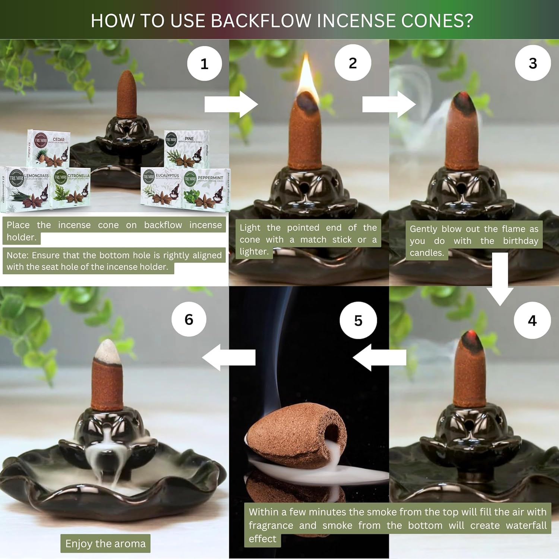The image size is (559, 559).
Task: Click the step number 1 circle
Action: click(204, 64)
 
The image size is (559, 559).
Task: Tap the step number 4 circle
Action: click(532, 320)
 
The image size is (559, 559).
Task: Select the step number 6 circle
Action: click(189, 319)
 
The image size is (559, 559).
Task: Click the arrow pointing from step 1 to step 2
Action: click(231, 104)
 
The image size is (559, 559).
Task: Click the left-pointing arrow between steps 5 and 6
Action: click(229, 357)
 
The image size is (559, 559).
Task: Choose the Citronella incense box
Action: click(71, 186)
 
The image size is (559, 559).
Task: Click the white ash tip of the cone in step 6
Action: click(108, 351)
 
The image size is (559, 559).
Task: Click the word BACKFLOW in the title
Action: click(261, 20)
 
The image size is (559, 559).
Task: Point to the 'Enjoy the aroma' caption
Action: click(105, 544)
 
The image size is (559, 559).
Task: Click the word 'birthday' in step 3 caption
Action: click(520, 241)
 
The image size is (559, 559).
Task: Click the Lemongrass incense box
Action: click(25, 186)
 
